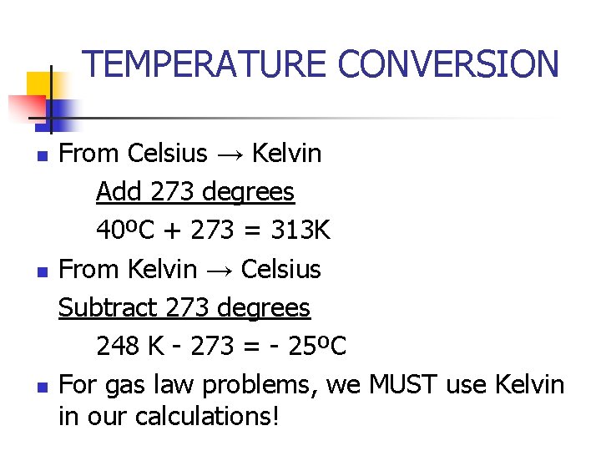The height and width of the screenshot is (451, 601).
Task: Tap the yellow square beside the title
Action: click(40, 85)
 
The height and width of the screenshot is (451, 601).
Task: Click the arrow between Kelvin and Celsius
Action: click(219, 270)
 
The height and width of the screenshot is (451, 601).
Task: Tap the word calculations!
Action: click(207, 415)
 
